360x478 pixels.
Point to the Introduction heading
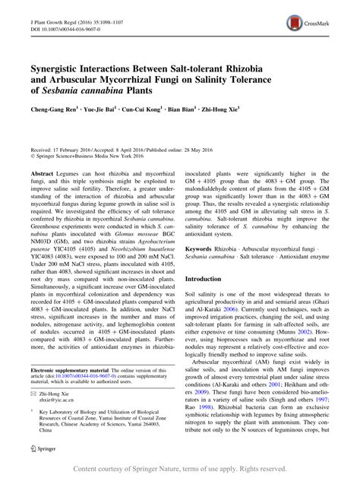(210, 258)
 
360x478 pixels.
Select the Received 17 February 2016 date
(62, 150)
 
